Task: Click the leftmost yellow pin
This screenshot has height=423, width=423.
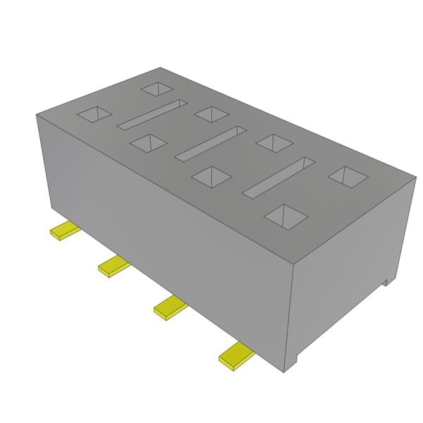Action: pos(62,231)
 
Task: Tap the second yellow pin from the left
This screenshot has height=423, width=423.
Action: pos(112,266)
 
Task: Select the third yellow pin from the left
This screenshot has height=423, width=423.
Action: pos(168,307)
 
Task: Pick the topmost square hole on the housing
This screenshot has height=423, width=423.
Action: pos(157,89)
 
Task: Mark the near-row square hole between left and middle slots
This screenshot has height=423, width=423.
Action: pos(148,142)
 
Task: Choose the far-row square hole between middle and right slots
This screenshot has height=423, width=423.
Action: pos(273,142)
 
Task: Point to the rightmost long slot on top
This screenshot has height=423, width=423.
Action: pos(278,176)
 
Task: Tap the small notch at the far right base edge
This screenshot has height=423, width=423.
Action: pos(386,281)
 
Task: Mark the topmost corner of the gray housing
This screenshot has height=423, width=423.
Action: pos(161,68)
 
